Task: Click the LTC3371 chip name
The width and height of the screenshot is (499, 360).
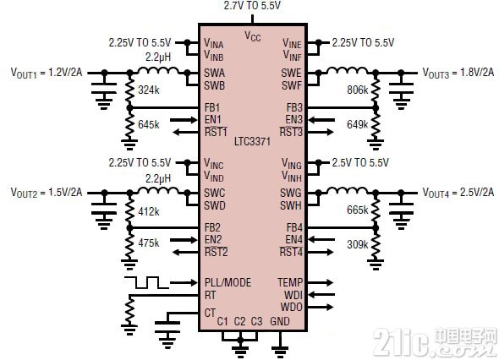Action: click(x=252, y=141)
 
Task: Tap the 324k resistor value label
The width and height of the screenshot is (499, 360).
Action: click(x=149, y=90)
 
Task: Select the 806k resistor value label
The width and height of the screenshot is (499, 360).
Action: click(x=358, y=90)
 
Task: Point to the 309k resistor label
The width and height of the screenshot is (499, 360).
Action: click(x=358, y=244)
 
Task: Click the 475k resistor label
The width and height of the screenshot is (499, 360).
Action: click(x=149, y=243)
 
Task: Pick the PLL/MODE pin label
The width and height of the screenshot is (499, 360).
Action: click(x=228, y=282)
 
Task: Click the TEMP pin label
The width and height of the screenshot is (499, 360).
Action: click(x=290, y=282)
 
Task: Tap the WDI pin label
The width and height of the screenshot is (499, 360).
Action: click(x=293, y=295)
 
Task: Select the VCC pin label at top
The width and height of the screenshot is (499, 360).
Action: click(x=253, y=36)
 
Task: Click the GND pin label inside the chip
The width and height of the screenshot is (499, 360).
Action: click(x=280, y=321)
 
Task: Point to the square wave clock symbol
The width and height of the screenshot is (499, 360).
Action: click(x=146, y=282)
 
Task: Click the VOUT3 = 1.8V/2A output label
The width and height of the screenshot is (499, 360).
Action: click(x=458, y=74)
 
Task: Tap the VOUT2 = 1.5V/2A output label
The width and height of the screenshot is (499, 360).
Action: click(x=47, y=193)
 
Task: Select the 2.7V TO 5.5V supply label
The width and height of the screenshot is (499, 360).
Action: click(x=252, y=5)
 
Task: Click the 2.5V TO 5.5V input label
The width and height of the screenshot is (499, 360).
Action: click(x=360, y=163)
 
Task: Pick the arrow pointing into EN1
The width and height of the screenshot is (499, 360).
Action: click(x=184, y=120)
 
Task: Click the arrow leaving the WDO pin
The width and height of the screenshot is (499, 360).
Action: click(x=321, y=307)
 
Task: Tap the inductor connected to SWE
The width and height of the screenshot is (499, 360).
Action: click(x=348, y=71)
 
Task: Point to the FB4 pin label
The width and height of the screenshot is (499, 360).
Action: click(x=294, y=227)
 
